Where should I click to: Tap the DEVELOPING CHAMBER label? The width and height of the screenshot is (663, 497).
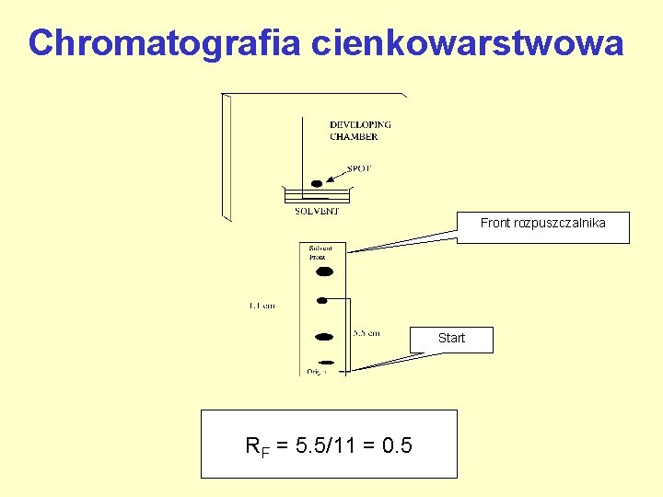click(x=360, y=131)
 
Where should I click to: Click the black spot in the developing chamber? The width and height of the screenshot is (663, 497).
click(x=317, y=184)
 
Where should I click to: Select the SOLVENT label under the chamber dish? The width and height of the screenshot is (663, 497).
click(x=316, y=211)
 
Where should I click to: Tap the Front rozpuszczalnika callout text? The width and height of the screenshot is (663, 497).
click(x=543, y=224)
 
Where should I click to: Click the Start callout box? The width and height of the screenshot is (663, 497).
click(x=451, y=339)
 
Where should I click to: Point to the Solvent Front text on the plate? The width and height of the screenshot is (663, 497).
click(x=320, y=253)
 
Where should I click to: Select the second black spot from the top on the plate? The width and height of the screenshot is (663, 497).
click(x=322, y=300)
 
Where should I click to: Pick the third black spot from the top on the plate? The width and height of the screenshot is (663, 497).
click(x=323, y=337)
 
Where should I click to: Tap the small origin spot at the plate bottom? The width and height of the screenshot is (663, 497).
click(x=325, y=362)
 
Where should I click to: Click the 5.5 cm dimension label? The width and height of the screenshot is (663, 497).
click(x=366, y=333)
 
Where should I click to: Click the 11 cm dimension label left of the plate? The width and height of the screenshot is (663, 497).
click(x=262, y=306)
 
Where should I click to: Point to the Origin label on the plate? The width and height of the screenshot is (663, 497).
click(x=317, y=371)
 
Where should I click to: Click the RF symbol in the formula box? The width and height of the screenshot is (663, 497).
click(x=257, y=448)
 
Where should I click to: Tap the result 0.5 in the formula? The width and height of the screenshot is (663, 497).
click(x=397, y=446)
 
